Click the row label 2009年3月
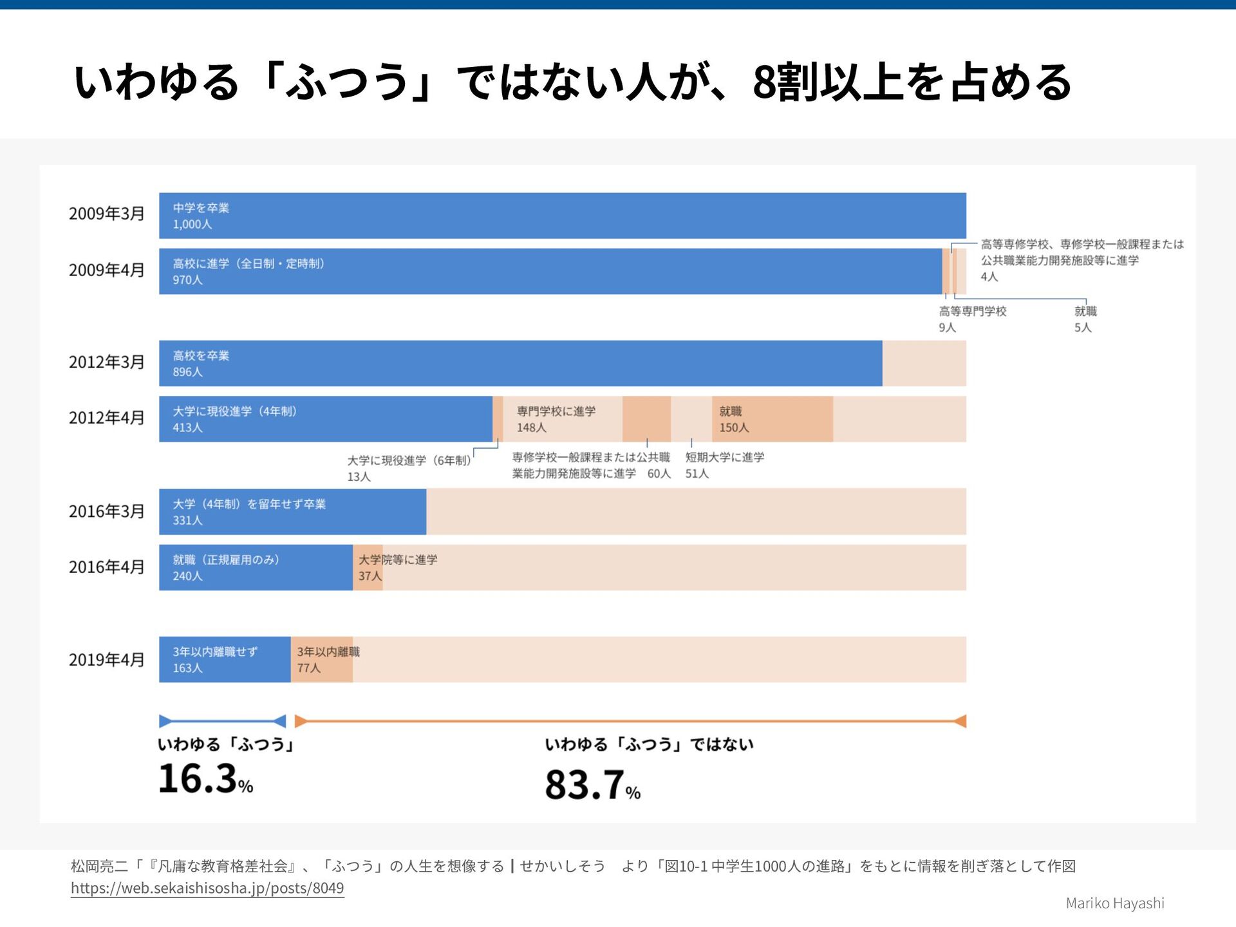106,214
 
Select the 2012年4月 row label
106,418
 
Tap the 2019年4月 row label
106,660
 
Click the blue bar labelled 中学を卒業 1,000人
562,216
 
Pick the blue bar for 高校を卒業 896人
520,364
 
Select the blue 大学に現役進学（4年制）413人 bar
325,419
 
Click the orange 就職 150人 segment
772,419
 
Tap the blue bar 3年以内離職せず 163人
225,660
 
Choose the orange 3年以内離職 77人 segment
322,660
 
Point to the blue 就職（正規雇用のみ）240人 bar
256,568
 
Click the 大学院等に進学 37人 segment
368,568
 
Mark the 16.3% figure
205,779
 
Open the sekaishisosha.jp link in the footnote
207,888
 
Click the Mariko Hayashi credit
1115,903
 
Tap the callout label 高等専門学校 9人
972,319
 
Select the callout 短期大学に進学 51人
724,465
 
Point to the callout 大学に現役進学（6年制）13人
409,468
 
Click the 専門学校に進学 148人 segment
562,419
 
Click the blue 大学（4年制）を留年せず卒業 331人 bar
292,512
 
